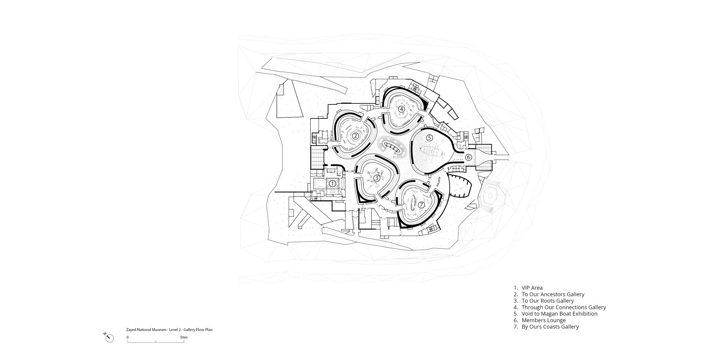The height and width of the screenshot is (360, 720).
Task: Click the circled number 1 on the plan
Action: click(333, 184)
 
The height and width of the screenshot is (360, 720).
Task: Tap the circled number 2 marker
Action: click(355, 136)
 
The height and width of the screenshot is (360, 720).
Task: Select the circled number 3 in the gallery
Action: click(377, 178)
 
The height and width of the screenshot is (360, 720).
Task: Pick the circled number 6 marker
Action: click(468, 157)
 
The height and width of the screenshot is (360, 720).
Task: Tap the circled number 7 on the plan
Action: click(422, 204)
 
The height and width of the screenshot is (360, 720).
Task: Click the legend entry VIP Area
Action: click(532, 288)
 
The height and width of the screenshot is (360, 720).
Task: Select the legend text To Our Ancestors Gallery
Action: click(553, 294)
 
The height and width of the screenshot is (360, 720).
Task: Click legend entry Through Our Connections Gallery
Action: click(564, 307)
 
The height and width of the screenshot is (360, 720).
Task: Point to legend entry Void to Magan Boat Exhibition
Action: click(559, 314)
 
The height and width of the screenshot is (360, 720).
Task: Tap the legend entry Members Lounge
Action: click(544, 320)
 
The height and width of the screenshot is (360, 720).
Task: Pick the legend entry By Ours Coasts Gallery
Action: click(550, 327)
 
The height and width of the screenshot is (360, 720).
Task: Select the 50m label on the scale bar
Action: click(184, 337)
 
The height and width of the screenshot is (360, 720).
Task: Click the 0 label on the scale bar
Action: click(127, 337)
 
